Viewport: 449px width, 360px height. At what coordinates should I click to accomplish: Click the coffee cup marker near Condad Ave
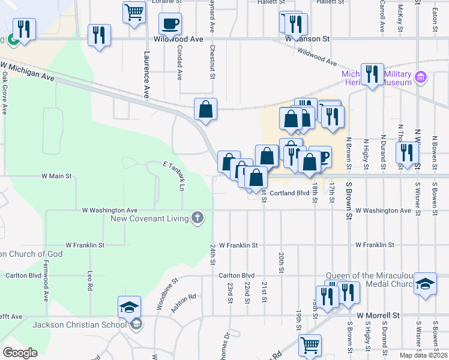170,25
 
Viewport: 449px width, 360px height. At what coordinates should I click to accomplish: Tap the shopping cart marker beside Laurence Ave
134,12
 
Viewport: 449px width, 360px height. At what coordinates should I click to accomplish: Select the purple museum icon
421,77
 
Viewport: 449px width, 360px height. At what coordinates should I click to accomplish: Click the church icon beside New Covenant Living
197,218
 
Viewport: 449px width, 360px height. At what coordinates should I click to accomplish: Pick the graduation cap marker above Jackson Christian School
129,308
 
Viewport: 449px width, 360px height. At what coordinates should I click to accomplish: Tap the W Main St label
56,176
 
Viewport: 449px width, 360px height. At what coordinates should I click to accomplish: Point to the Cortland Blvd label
289,193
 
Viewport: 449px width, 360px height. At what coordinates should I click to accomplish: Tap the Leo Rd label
90,277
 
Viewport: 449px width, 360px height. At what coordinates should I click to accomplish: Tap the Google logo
20,352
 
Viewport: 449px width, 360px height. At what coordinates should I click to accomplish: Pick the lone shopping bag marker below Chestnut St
205,110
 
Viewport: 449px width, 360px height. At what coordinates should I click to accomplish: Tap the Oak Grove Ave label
4,93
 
